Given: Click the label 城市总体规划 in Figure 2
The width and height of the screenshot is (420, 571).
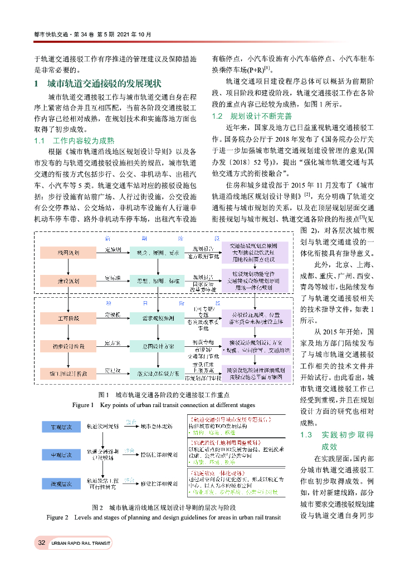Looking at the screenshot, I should [x=157, y=427].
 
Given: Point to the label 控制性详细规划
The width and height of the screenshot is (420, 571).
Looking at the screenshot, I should [x=159, y=454].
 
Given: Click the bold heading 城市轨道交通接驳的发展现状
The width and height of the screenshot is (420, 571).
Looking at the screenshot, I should [x=104, y=84].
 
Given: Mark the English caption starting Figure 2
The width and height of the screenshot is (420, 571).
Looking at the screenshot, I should [x=163, y=517].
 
